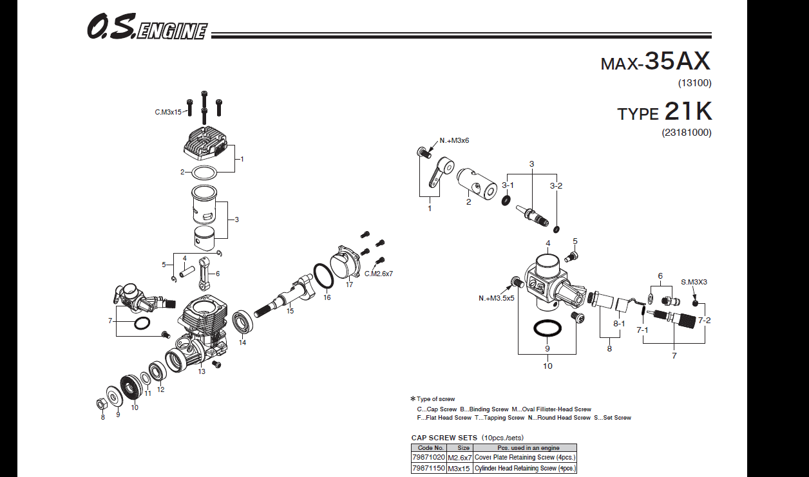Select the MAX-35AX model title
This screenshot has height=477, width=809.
click(655, 62)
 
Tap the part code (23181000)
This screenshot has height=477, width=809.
click(686, 133)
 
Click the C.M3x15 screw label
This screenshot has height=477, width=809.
click(168, 112)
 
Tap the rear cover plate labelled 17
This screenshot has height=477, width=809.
click(348, 263)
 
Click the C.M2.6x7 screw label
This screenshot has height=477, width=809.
click(378, 274)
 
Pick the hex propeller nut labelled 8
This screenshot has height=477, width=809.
click(101, 404)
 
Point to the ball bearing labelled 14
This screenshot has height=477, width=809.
click(243, 321)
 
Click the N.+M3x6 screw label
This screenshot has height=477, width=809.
click(455, 140)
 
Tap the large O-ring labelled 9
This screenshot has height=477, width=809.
click(546, 328)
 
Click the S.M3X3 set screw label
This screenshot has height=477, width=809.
click(694, 282)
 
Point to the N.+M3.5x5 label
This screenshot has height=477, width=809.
click(496, 298)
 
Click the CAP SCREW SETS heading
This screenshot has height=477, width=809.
click(444, 438)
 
